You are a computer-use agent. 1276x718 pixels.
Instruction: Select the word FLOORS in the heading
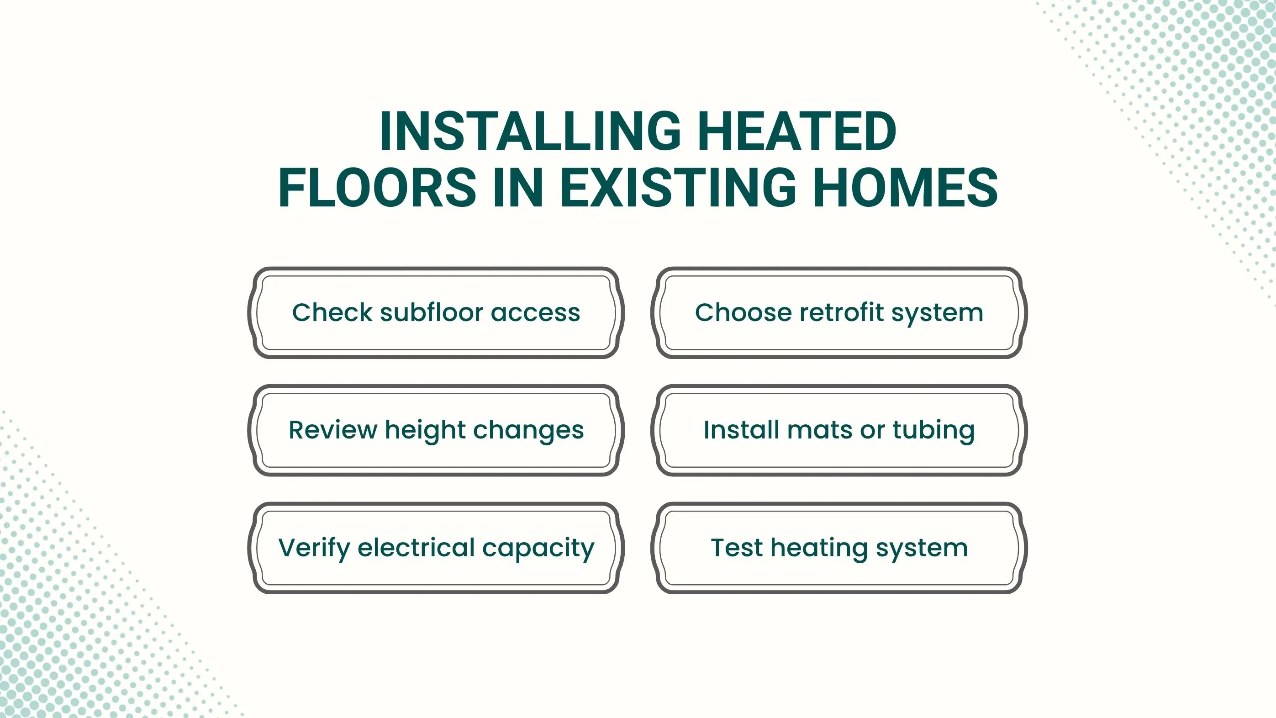click(377, 188)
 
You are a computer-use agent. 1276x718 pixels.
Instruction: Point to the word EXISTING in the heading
click(678, 188)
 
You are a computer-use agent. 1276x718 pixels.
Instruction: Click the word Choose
click(743, 312)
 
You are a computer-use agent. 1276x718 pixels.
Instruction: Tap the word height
click(426, 430)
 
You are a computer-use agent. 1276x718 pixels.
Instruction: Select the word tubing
click(934, 430)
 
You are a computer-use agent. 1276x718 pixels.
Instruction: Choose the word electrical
click(416, 548)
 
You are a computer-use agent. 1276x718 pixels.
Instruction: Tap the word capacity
click(538, 549)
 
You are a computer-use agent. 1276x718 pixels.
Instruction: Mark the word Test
click(737, 548)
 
